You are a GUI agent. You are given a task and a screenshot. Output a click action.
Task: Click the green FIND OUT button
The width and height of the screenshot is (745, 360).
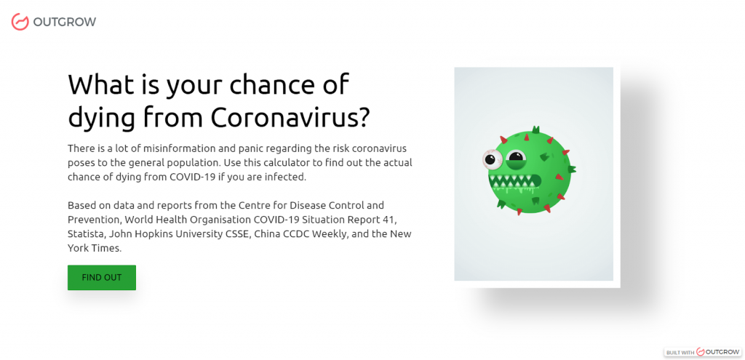tap(102, 277)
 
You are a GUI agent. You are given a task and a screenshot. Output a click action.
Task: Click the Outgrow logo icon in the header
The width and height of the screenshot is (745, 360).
tap(20, 22)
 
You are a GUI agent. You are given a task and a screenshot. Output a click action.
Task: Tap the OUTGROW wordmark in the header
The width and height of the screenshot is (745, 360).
tap(65, 22)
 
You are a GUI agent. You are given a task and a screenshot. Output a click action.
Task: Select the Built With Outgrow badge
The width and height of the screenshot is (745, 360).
tap(704, 352)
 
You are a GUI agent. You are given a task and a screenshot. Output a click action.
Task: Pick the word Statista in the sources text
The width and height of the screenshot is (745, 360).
tap(84, 234)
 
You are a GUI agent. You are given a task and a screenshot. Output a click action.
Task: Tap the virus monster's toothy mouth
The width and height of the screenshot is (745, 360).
tap(514, 183)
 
